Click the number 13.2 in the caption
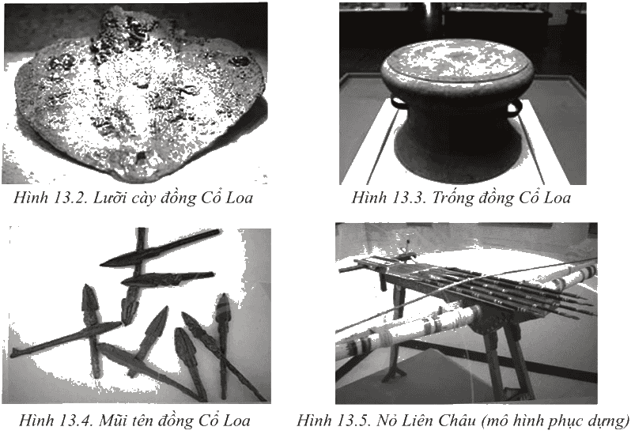tap(70, 198)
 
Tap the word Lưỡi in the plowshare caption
tap(108, 198)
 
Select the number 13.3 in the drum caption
tap(408, 198)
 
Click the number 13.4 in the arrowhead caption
tap(76, 420)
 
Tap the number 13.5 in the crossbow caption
tap(353, 420)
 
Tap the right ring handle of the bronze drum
tap(514, 108)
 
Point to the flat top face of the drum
tap(458, 60)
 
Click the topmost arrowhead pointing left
tap(160, 248)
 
